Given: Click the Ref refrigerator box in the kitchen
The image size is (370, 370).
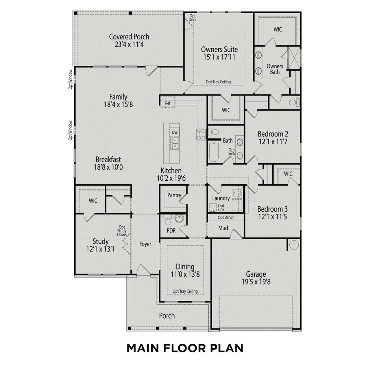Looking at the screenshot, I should click(168, 103).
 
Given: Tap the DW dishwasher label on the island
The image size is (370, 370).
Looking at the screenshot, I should click(175, 132).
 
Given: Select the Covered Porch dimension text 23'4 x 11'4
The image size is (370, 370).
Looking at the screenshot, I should click(129, 45).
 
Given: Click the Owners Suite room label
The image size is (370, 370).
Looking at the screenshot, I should click(219, 49).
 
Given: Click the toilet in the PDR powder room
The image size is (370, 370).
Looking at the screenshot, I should click(167, 222).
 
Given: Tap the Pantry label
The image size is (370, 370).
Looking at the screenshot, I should click(174, 195).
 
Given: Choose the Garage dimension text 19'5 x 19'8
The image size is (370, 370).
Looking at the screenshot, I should click(256, 282).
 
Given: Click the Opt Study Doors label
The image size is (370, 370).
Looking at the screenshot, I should click(122, 231).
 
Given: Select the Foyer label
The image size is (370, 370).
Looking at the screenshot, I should click(145, 244).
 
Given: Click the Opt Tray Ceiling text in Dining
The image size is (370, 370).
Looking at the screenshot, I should click(185, 291).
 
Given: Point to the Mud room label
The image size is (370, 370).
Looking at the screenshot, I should click(223, 228).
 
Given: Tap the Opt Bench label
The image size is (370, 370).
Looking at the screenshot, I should click(226, 217).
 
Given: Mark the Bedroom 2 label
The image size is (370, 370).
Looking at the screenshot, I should click(273, 134).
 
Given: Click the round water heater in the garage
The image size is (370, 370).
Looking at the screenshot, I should click(294, 245).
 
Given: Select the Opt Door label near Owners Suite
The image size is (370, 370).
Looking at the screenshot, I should click(193, 18).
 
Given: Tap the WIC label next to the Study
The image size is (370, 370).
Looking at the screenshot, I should click(93, 201).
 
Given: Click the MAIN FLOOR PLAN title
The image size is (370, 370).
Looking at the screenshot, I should click(185, 348).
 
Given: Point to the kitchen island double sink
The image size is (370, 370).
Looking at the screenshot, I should click(175, 143).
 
